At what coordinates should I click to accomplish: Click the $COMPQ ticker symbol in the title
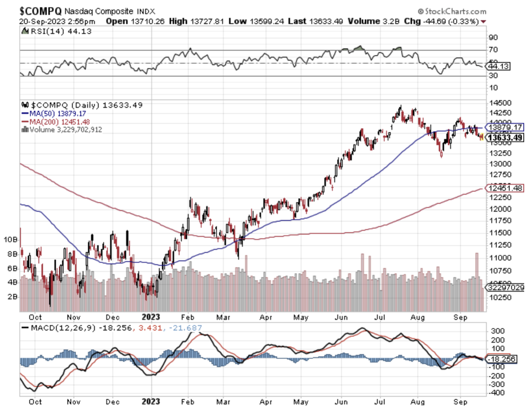tap(40, 11)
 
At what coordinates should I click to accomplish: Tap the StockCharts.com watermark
tap(452, 12)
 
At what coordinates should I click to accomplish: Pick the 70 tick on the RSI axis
tap(493, 50)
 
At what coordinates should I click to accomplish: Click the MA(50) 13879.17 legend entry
tap(54, 114)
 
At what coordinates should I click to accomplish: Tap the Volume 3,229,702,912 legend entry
tap(62, 130)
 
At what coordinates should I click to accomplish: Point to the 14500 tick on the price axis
tap(500, 103)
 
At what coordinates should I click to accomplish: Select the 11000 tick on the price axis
tap(500, 258)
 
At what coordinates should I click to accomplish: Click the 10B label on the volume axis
tap(10, 240)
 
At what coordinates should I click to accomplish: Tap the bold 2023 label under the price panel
tap(151, 317)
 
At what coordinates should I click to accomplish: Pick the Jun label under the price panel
tap(341, 318)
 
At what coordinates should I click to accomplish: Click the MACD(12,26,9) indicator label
tap(63, 328)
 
